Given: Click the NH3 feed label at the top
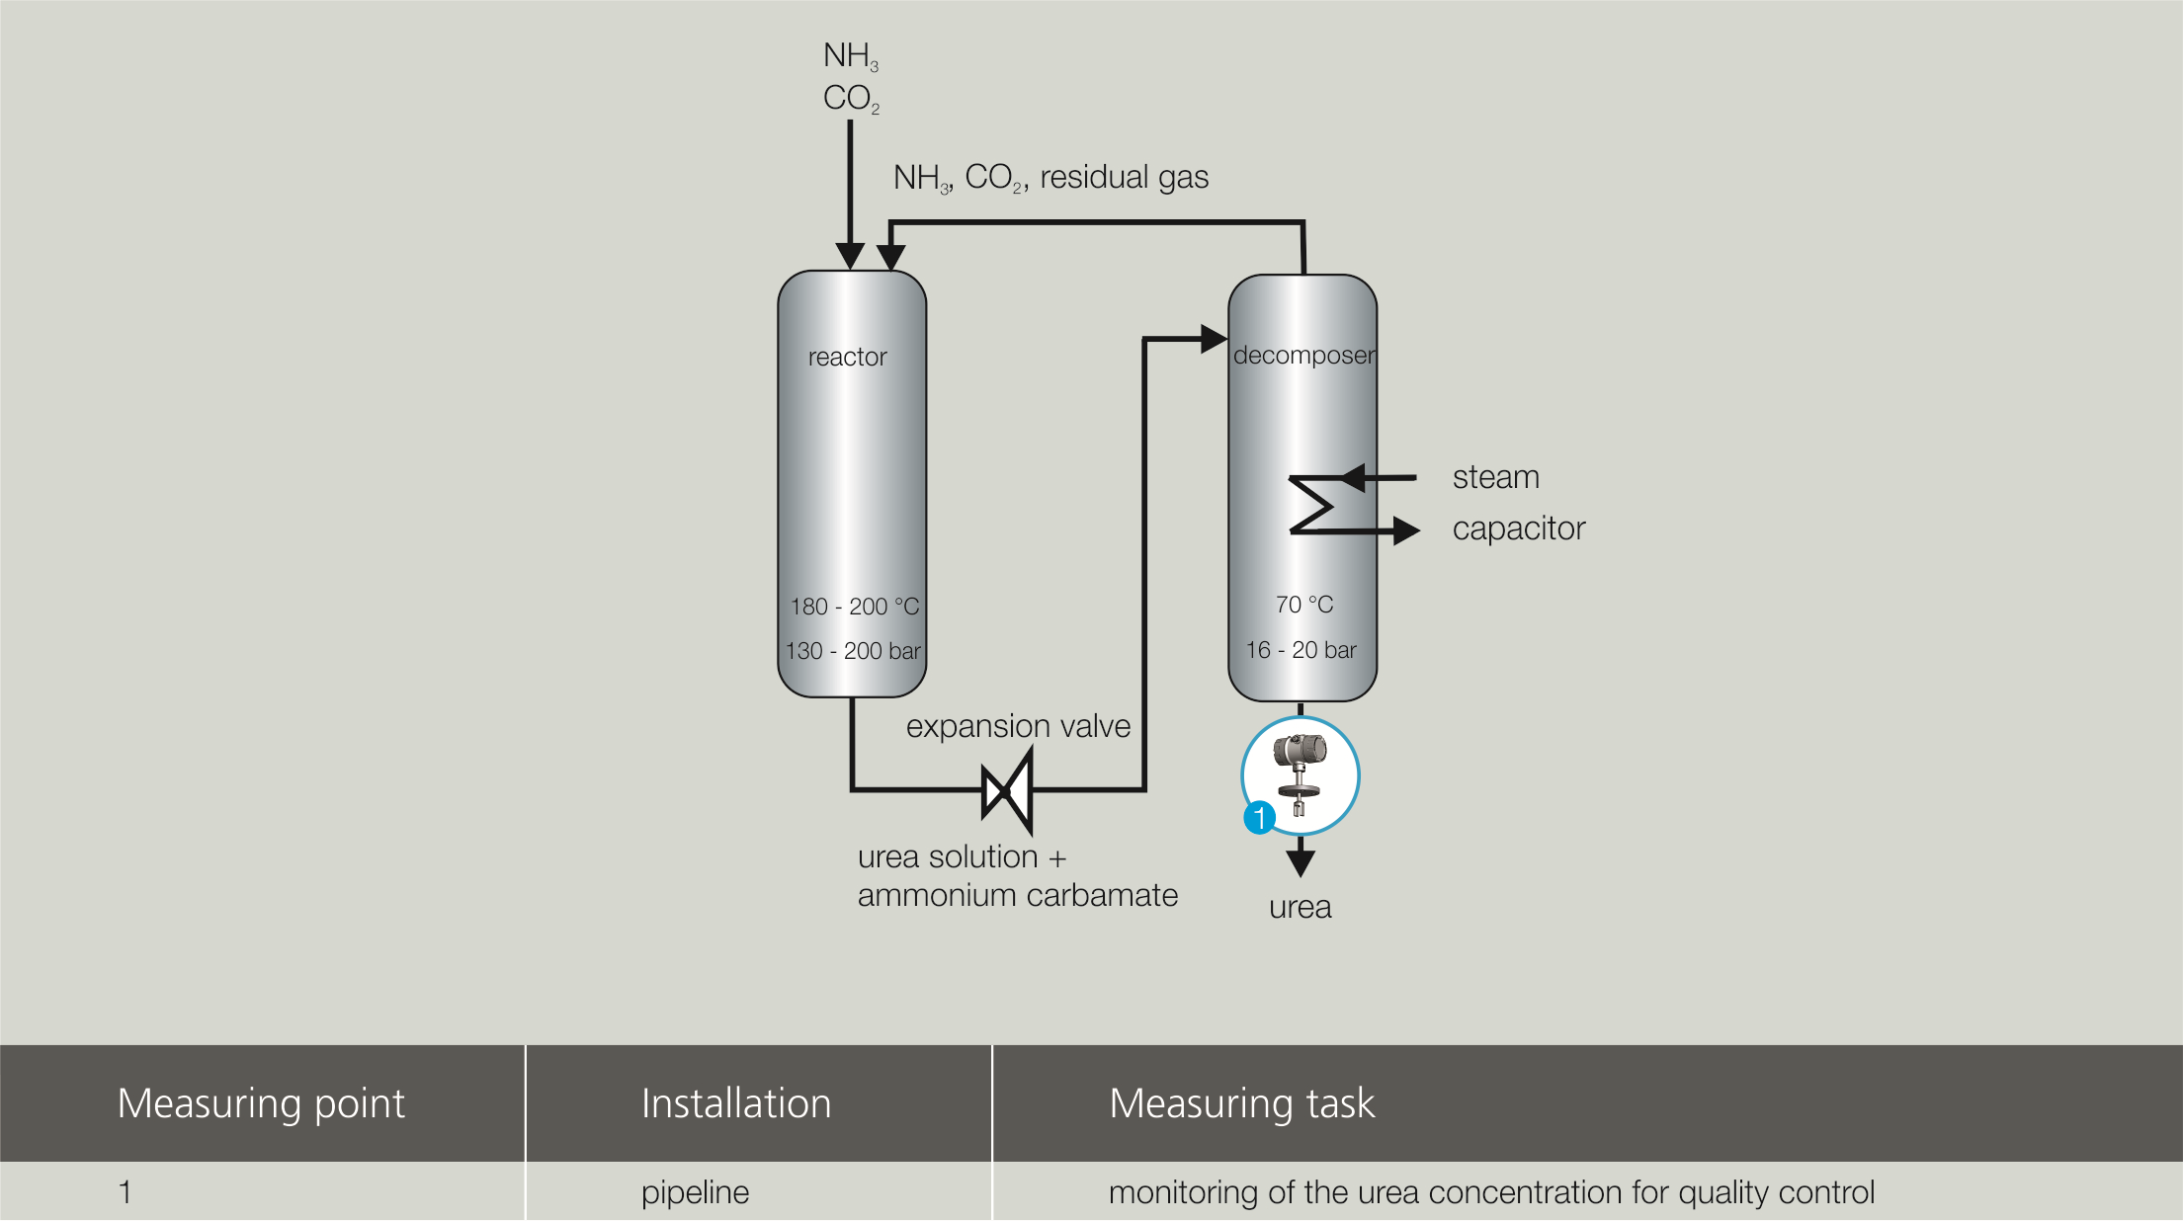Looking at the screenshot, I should (850, 56).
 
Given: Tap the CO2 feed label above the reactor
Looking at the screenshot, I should (850, 99).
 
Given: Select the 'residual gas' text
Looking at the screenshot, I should (1124, 178).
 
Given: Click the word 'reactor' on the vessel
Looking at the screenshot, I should (847, 357).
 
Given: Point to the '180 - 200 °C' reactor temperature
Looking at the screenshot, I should (854, 607).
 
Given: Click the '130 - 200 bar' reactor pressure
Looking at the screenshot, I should (853, 651).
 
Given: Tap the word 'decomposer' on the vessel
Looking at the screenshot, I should (1303, 356).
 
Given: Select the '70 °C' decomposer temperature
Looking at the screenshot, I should (1303, 605).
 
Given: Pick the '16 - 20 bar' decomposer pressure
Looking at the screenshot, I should (1301, 650).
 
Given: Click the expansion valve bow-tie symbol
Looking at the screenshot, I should (1007, 791).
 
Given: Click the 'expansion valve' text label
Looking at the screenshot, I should (1018, 726).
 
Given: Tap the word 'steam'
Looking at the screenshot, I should (1495, 477).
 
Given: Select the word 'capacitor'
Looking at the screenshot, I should (1518, 529).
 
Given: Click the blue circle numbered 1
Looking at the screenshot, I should (1259, 818).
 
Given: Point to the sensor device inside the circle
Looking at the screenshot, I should (1300, 773).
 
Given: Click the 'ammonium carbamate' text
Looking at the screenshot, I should (1017, 895).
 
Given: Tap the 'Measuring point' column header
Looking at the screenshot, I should (261, 1103).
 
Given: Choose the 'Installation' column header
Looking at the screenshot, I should (736, 1103).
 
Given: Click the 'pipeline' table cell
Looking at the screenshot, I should (695, 1192).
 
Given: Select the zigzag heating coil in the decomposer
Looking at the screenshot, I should (1312, 505).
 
